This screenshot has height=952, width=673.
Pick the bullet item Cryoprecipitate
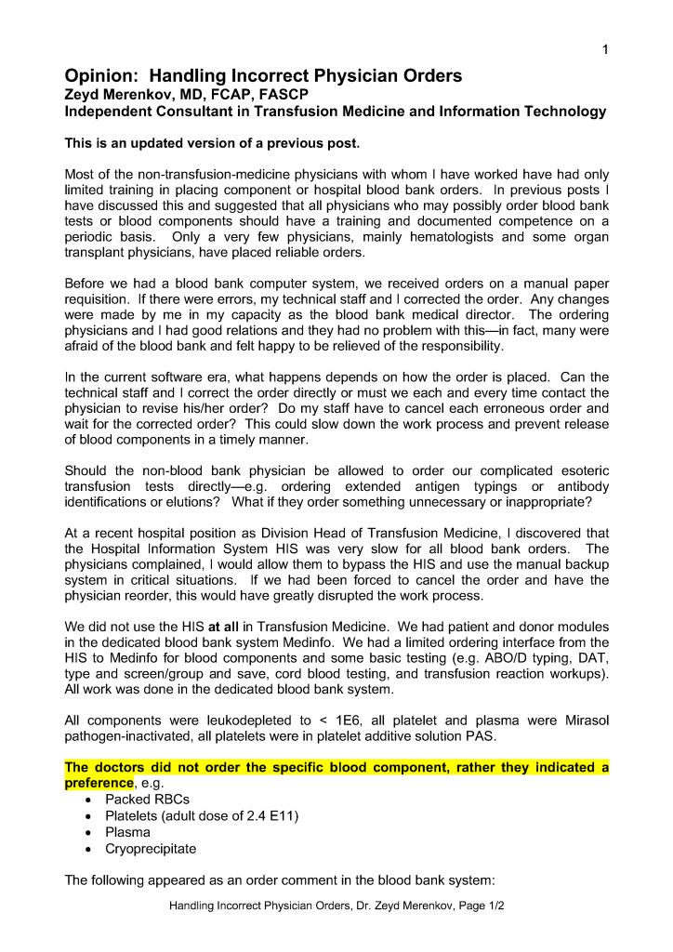pyautogui.click(x=151, y=849)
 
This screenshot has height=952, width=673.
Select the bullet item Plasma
pyautogui.click(x=127, y=832)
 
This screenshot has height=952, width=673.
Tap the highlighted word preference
pyautogui.click(x=99, y=783)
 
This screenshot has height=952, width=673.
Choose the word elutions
pyautogui.click(x=196, y=502)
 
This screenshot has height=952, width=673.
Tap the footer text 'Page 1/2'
pyautogui.click(x=474, y=904)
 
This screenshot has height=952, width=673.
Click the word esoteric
pyautogui.click(x=582, y=470)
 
